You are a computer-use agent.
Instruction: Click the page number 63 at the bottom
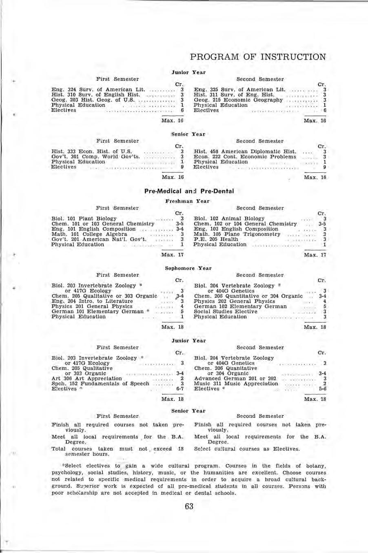pyautogui.click(x=188, y=507)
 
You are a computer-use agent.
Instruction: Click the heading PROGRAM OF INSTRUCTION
pyautogui.click(x=258, y=57)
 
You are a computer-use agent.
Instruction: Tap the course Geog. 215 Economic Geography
pyautogui.click(x=238, y=100)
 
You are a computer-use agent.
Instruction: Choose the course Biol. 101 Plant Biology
pyautogui.click(x=84, y=219)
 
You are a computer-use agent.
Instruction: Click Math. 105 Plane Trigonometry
pyautogui.click(x=237, y=234)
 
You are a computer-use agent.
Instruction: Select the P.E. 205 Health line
pyautogui.click(x=216, y=239)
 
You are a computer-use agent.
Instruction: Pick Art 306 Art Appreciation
pyautogui.click(x=86, y=379)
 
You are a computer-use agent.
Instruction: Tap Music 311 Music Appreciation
pyautogui.click(x=236, y=384)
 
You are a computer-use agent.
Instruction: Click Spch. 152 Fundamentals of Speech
pyautogui.click(x=100, y=384)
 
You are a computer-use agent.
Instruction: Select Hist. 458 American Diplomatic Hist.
pyautogui.click(x=245, y=152)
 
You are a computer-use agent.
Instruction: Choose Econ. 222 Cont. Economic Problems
pyautogui.click(x=245, y=157)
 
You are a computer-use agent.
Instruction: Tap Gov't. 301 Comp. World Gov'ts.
pyautogui.click(x=96, y=157)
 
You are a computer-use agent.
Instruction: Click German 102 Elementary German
pyautogui.click(x=240, y=306)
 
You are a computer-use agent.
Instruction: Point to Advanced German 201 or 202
pyautogui.click(x=235, y=379)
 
